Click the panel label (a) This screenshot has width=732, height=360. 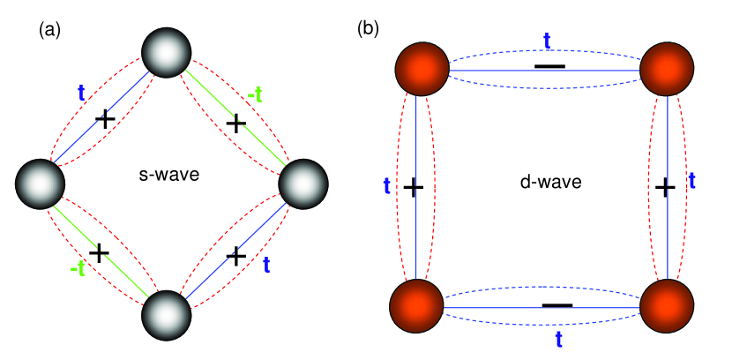coord(49,30)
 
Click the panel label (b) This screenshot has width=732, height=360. coord(368,28)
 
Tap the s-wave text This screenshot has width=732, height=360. coord(170,176)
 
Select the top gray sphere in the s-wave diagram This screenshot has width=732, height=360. coord(166,52)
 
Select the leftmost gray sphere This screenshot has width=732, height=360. coord(40,184)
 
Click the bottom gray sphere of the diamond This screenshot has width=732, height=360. coord(167,314)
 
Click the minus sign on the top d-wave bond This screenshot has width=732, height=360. coord(549,68)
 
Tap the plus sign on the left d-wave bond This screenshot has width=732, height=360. coord(414,187)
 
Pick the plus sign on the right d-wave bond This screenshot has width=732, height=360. coord(666,187)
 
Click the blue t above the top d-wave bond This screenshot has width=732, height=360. coord(547,40)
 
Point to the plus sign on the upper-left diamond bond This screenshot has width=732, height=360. coord(104,120)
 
